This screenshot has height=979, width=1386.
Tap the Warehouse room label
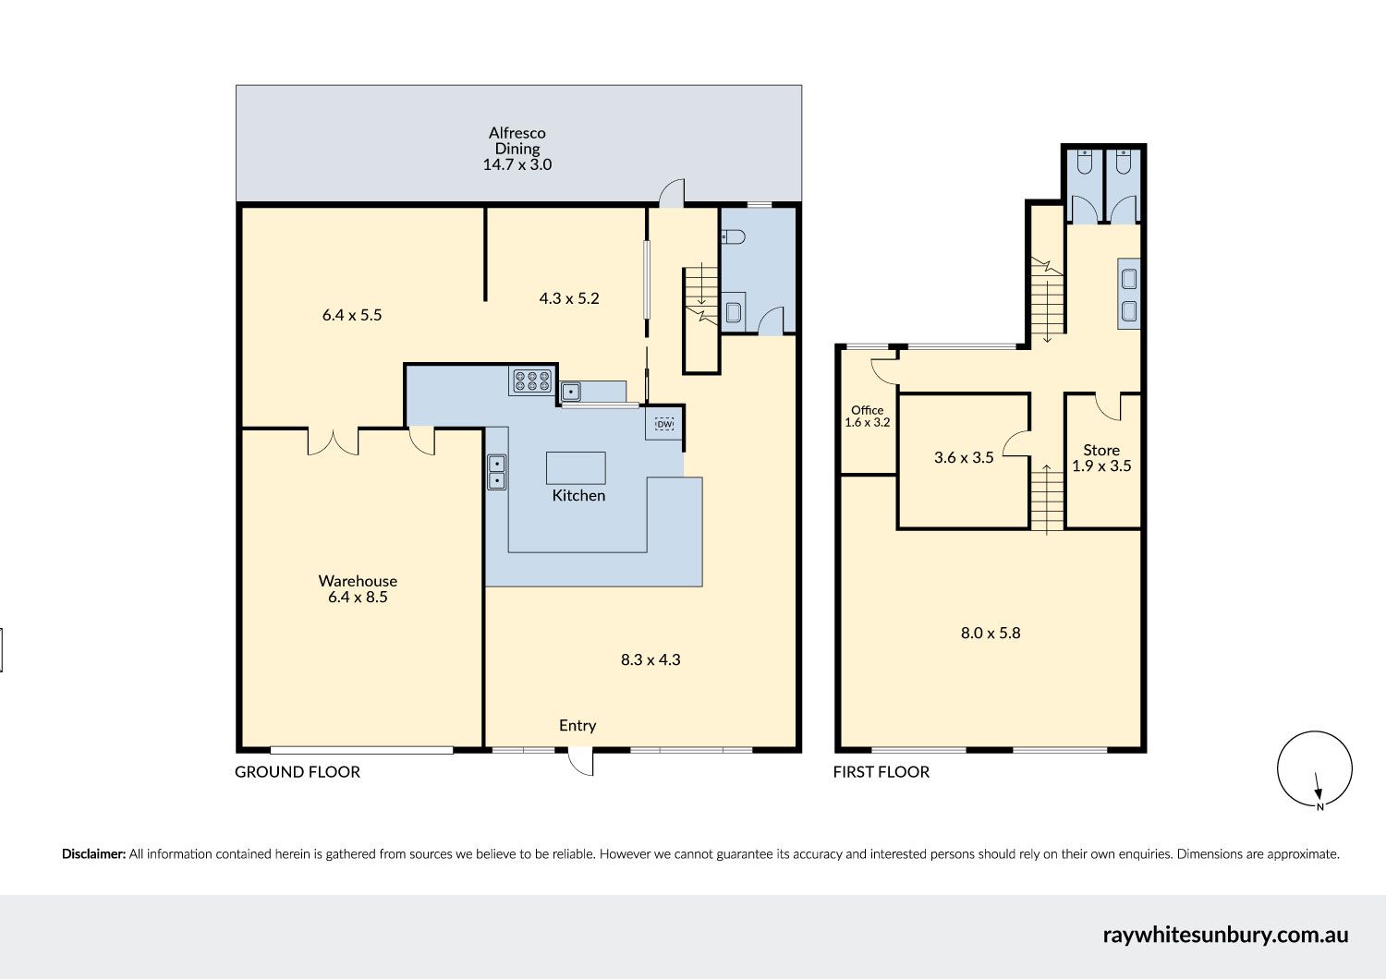click(358, 581)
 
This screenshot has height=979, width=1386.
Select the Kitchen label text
click(578, 495)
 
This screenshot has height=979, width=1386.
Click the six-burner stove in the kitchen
click(532, 381)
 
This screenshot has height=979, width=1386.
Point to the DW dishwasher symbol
click(664, 424)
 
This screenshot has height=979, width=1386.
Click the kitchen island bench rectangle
click(576, 468)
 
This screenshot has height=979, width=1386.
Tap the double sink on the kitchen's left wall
click(496, 472)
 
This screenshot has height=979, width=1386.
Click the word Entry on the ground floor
click(577, 725)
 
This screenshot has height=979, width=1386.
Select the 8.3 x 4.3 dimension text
click(650, 659)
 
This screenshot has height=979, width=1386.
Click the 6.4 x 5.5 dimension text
click(352, 315)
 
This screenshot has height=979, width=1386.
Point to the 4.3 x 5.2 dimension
click(569, 298)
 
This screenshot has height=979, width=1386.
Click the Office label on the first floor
click(867, 410)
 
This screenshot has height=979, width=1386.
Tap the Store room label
click(1101, 450)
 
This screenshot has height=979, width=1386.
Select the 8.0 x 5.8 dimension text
click(991, 633)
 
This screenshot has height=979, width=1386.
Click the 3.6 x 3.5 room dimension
click(964, 458)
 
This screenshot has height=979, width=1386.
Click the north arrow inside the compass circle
click(1318, 786)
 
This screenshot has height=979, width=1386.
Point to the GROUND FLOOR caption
click(297, 772)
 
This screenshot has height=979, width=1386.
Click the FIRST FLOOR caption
click(881, 772)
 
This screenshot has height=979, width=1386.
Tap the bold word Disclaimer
click(93, 854)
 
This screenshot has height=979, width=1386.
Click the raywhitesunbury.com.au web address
click(1225, 935)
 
